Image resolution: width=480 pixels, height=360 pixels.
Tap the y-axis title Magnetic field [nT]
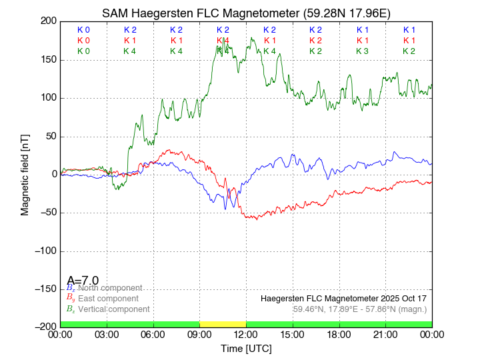coord(25,174)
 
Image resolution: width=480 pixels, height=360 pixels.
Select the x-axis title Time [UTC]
coord(246,349)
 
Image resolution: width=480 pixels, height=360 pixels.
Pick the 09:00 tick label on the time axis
coord(199,334)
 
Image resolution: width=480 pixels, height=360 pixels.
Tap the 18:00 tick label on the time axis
coord(339,334)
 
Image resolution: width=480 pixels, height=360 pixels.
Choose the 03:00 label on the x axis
coord(107,334)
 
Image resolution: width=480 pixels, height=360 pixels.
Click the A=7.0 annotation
coord(83,280)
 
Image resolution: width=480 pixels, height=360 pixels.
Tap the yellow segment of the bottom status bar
coord(223,323)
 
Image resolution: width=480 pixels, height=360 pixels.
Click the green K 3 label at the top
coord(362,51)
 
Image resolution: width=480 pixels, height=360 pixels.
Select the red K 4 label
coord(223,41)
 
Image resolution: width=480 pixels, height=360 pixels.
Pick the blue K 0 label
coord(83,30)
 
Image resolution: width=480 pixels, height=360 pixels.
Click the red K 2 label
coord(315,41)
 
